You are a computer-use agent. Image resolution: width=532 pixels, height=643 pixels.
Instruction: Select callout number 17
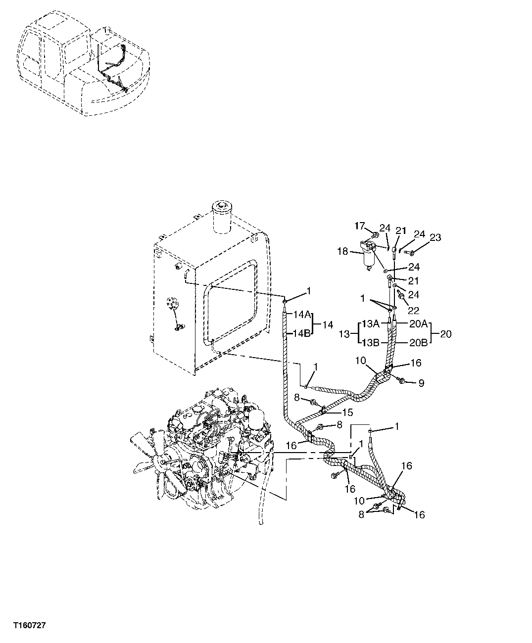point(359,226)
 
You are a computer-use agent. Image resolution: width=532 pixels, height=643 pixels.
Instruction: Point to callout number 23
point(435,238)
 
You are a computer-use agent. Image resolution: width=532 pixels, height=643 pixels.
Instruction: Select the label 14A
point(301,314)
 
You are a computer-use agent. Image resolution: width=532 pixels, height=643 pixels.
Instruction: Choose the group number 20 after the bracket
point(445,334)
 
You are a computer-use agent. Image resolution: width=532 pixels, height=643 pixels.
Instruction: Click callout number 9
point(421,383)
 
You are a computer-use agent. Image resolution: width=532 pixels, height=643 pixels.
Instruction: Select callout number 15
point(347,412)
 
